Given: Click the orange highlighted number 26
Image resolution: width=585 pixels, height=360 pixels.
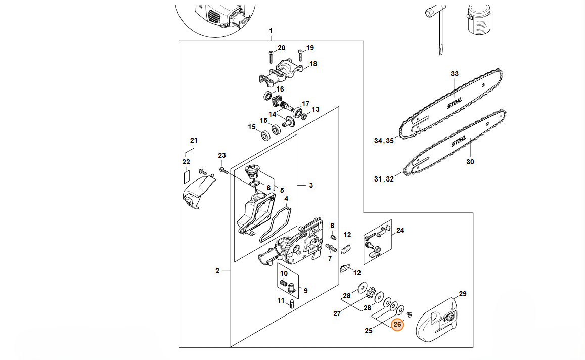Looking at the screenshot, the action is (397, 324).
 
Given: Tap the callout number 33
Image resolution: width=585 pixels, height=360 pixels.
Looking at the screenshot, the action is (455, 74).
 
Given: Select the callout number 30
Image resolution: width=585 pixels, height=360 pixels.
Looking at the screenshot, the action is (470, 161).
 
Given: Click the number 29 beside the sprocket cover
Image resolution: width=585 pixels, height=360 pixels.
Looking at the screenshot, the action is (463, 294).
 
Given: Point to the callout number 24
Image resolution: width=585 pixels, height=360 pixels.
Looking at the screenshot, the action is (400, 230).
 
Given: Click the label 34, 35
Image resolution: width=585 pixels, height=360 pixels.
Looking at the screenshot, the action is (384, 141).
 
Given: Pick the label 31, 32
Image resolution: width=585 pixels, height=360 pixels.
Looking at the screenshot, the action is (384, 179).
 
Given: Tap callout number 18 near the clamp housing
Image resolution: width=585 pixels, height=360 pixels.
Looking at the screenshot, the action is (313, 64).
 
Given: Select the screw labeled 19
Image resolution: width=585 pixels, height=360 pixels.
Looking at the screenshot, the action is (300, 55).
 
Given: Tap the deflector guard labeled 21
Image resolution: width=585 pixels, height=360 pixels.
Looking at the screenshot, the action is (199, 192).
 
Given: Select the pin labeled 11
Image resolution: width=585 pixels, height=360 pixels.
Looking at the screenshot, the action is (292, 303).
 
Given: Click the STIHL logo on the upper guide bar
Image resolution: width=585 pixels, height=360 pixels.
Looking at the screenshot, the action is (455, 103).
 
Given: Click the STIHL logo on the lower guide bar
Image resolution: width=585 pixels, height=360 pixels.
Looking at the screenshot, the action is (459, 141).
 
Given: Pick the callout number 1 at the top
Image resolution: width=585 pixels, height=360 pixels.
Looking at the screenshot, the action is (271, 31).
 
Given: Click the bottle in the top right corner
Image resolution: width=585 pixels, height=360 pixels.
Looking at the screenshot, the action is (478, 20).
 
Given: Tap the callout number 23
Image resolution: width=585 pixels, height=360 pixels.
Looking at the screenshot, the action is (222, 155).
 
